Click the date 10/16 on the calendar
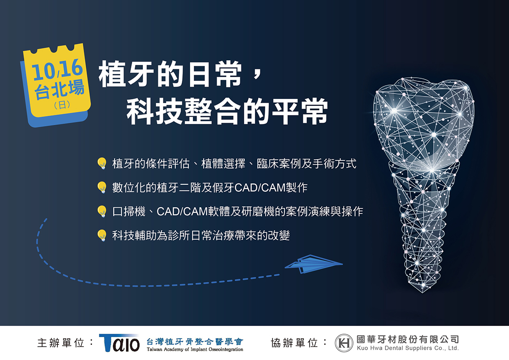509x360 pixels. [x=57, y=69]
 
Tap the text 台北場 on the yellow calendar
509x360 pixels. [x=60, y=89]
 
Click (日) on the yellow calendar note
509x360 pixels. [x=62, y=105]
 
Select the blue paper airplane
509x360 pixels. [x=314, y=264]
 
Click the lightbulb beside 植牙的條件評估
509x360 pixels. [x=102, y=163]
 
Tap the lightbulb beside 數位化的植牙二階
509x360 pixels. [x=102, y=188]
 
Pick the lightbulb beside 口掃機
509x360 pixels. [x=102, y=211]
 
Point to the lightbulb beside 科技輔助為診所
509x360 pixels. [x=102, y=235]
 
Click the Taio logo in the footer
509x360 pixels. [x=119, y=343]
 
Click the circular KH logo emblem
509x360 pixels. [x=344, y=343]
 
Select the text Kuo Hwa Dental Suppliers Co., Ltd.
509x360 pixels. [x=408, y=348]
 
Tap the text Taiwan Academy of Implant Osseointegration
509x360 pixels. [x=195, y=349]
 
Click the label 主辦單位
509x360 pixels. [x=61, y=343]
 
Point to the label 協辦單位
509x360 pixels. [x=294, y=343]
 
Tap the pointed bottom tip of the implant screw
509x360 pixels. [x=423, y=293]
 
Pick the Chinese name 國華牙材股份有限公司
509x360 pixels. [x=408, y=339]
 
